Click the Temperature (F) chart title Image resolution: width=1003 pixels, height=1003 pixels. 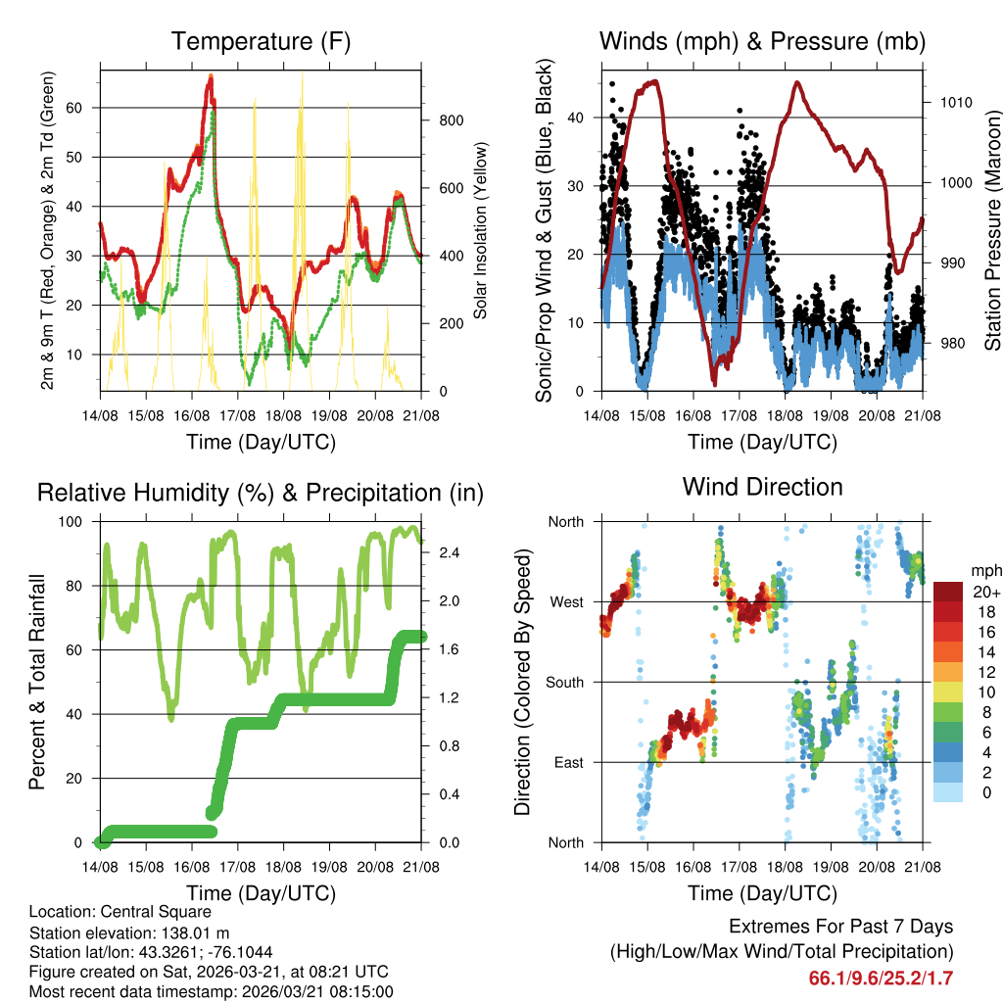(261, 41)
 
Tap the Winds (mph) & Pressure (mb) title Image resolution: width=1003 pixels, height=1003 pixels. (762, 41)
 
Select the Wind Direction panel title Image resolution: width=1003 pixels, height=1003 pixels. (762, 487)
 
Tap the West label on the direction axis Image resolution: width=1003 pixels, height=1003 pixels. (565, 601)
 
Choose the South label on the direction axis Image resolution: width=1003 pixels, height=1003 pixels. (563, 682)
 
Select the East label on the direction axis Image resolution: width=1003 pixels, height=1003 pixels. (567, 762)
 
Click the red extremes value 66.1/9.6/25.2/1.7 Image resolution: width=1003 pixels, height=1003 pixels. (881, 978)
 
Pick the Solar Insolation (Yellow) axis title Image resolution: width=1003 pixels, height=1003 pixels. (481, 231)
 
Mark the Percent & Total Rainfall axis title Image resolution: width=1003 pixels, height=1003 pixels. (37, 682)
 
